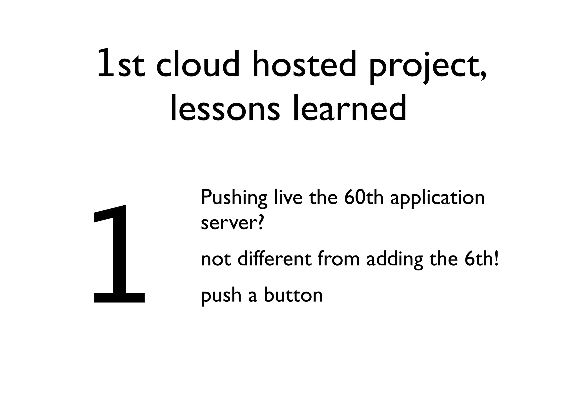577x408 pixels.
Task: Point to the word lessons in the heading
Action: click(225, 109)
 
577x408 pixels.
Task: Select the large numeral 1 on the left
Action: click(118, 255)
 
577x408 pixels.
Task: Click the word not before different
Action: click(216, 259)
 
